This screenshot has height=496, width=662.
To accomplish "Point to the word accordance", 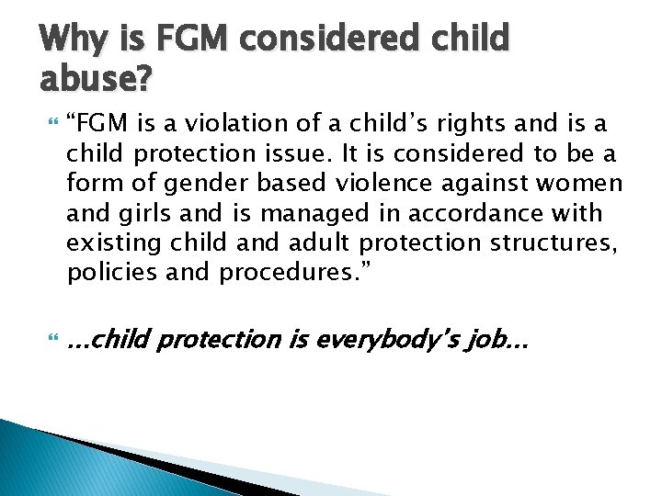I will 461,213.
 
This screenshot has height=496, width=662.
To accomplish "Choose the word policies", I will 108,272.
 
